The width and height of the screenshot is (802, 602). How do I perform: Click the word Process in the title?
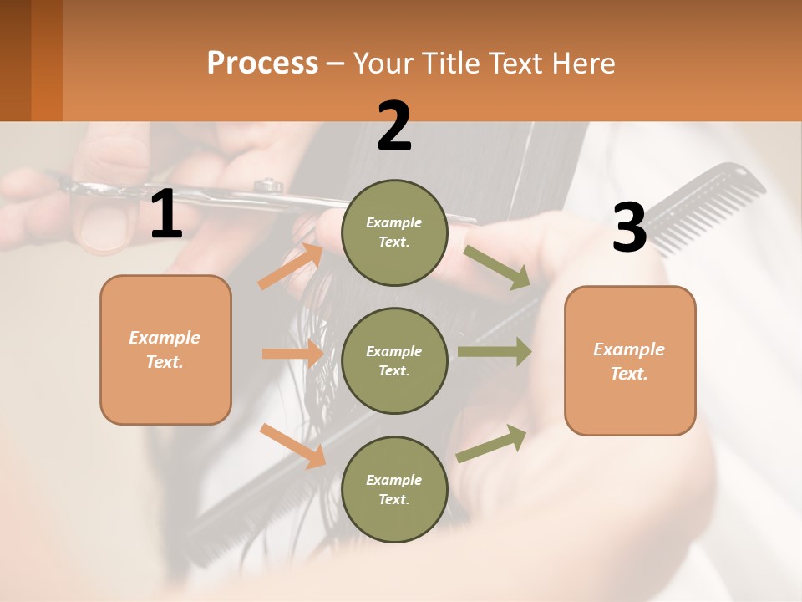click(262, 64)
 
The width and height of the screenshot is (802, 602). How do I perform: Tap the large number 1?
click(166, 215)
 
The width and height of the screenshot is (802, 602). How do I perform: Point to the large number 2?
click(394, 125)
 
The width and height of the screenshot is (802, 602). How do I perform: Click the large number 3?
click(629, 228)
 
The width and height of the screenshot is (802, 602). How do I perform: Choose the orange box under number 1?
click(165, 349)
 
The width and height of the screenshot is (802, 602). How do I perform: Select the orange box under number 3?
click(630, 360)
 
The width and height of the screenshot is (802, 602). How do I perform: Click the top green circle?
click(394, 232)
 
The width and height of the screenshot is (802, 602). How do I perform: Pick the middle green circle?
click(394, 360)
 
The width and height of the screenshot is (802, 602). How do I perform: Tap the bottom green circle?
click(394, 489)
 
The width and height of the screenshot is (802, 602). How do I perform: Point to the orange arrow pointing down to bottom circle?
click(292, 445)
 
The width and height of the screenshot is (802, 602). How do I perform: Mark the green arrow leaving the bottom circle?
click(492, 444)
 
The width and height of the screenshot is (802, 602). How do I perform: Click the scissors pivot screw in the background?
click(268, 185)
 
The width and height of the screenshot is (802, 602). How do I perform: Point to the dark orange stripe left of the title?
click(46, 60)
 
